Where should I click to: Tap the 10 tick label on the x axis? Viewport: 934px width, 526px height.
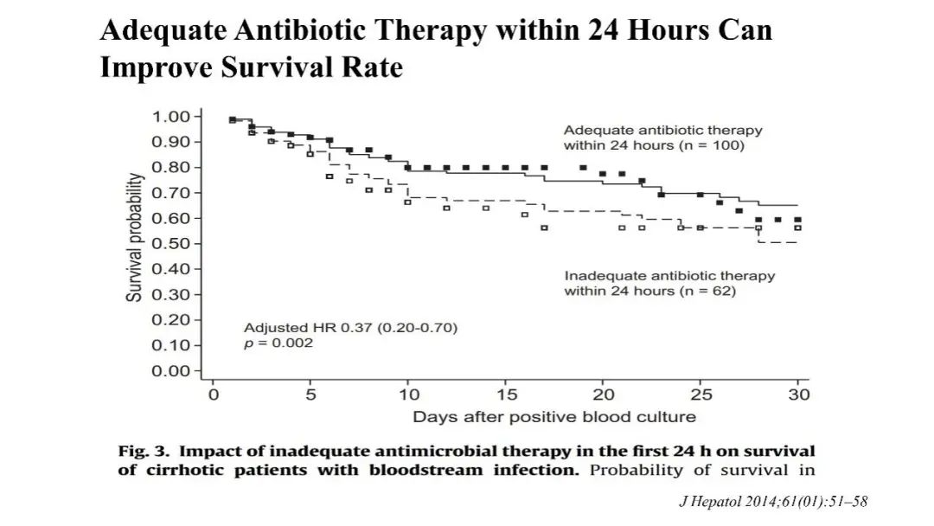408,395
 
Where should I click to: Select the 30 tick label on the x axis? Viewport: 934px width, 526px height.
800,395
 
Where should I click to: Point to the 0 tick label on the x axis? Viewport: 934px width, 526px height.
213,395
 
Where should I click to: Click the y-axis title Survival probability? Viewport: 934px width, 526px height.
135,237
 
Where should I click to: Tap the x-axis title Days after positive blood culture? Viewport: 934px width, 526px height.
553,417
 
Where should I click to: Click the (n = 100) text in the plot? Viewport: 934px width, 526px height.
711,145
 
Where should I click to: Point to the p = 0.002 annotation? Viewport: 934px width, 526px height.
278,343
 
